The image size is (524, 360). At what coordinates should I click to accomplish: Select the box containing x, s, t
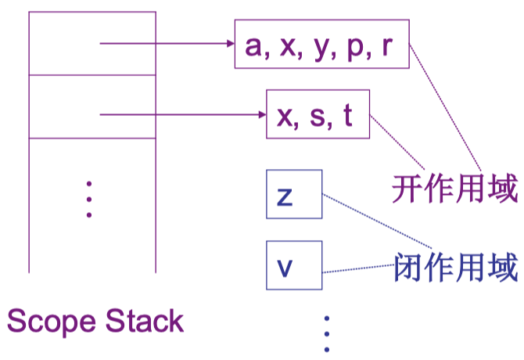318,116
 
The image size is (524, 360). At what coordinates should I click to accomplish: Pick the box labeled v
293,267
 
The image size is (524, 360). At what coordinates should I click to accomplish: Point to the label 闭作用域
456,267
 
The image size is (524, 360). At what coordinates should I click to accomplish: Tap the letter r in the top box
386,46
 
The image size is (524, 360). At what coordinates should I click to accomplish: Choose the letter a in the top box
252,46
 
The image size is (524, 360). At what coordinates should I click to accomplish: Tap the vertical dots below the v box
327,333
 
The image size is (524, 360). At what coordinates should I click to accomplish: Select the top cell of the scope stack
92,44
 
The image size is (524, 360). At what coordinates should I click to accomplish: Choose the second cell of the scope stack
92,106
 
